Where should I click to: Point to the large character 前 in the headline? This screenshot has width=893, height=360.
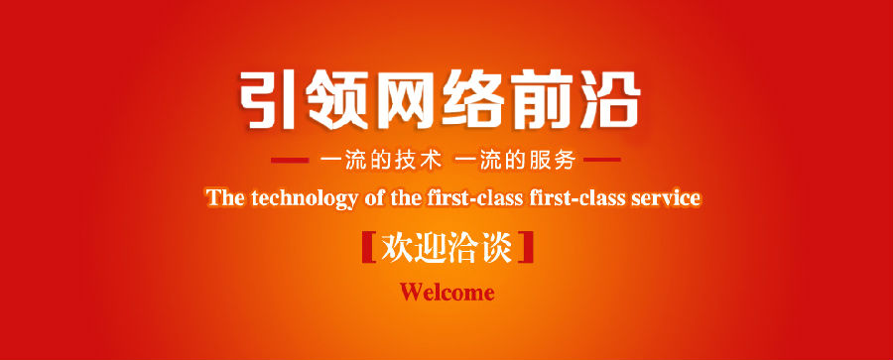(x=543, y=100)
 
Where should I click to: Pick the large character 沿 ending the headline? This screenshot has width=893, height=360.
(x=611, y=100)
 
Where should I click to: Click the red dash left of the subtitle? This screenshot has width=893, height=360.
(x=290, y=160)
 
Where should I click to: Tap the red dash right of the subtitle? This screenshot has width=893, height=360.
(x=602, y=160)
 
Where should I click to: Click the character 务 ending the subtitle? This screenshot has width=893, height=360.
(x=565, y=161)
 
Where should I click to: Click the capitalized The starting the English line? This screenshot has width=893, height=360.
(x=226, y=198)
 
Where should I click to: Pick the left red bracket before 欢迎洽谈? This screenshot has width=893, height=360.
(x=369, y=247)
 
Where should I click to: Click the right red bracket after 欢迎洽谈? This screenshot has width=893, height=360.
(x=527, y=247)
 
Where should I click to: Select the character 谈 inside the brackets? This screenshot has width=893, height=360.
(x=497, y=247)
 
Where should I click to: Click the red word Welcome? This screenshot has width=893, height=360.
(x=447, y=293)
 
